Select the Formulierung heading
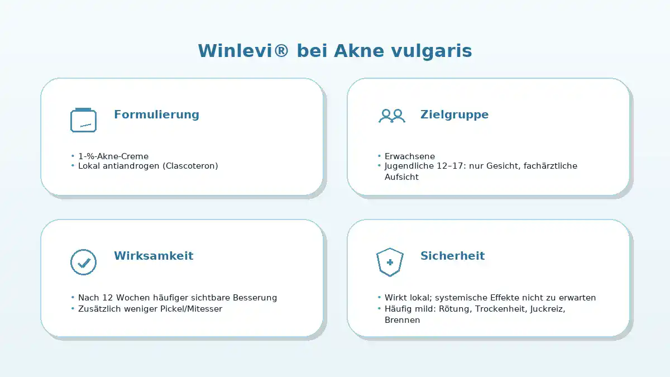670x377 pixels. coord(156,114)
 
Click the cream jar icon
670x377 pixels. coord(83,120)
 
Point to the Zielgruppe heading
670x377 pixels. coord(454,114)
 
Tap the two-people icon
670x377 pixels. coord(392,116)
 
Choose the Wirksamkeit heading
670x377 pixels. coord(154,256)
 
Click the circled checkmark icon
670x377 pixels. coord(83,262)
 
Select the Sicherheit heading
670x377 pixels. coord(453,256)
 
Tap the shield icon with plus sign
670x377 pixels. coord(390,262)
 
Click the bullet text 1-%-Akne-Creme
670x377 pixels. coord(113,156)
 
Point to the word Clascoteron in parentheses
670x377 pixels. coord(190,166)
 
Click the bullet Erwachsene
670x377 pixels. coord(410,156)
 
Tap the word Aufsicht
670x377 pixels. coord(401,177)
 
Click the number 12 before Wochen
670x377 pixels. coord(107,298)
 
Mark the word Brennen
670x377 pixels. coord(403,320)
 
